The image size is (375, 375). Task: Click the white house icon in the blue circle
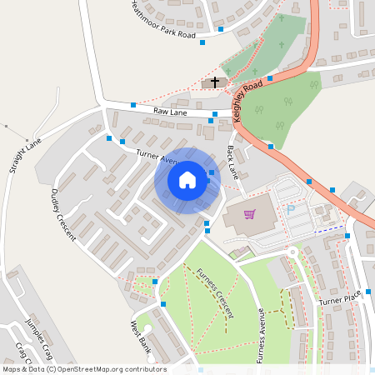[x=187, y=180]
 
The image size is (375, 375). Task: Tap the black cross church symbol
[x=215, y=82]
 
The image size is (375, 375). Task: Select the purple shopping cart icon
[x=248, y=213]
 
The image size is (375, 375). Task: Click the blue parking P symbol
[x=290, y=210]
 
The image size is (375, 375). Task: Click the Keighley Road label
[x=248, y=101]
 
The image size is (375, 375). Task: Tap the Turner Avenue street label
[x=158, y=156]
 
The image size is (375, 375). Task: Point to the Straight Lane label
[x=25, y=156]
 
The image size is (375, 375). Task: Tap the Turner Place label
[x=340, y=298]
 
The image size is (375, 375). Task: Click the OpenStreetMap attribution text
[x=84, y=369]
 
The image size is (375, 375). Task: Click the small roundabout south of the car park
[x=292, y=252]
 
